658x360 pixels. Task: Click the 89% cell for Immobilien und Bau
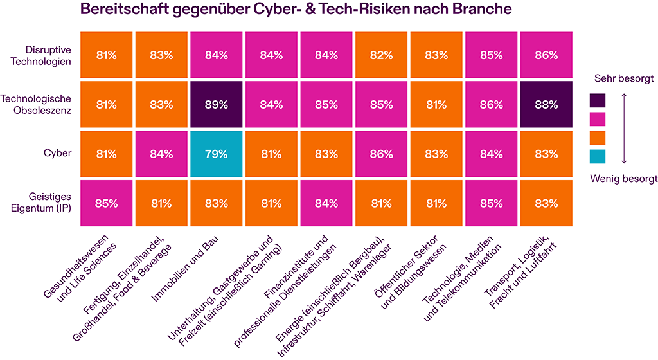(217, 104)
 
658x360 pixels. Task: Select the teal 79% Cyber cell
(217, 154)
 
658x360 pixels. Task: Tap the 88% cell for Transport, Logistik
(546, 104)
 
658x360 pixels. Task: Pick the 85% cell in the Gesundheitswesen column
(107, 203)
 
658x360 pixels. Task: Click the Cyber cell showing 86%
(381, 154)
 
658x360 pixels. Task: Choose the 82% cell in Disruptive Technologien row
(381, 55)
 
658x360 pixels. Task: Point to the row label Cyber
(58, 154)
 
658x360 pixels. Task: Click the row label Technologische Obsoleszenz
(36, 104)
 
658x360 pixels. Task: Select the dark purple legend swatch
(598, 100)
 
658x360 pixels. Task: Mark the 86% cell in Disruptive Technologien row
(546, 55)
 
